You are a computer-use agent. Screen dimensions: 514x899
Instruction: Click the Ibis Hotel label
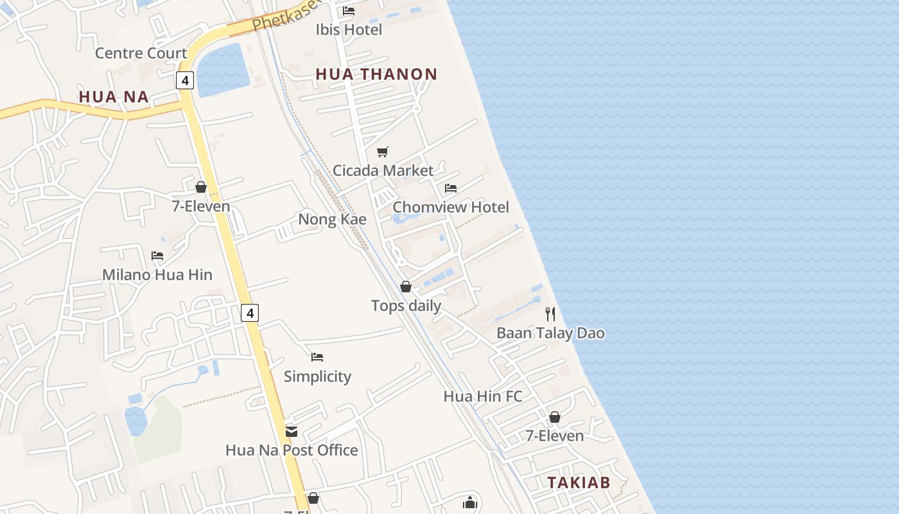349,30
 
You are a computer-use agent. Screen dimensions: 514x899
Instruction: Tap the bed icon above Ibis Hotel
349,11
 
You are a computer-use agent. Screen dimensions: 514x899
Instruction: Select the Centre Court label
141,53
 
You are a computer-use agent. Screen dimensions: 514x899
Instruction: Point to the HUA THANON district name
376,74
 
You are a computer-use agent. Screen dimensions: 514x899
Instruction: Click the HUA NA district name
114,97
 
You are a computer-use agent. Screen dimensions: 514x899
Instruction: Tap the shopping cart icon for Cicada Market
383,152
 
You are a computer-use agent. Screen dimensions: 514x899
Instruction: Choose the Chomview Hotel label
450,207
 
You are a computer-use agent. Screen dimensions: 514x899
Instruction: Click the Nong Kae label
332,219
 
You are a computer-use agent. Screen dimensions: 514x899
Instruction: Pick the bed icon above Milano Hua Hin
157,256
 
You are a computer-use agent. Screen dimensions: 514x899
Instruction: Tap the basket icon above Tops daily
406,287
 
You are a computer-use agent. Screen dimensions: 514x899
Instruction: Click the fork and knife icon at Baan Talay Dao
550,314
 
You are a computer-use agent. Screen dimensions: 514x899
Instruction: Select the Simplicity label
317,377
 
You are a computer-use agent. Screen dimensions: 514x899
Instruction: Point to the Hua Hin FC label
483,396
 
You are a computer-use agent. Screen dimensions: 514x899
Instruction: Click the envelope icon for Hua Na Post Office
292,431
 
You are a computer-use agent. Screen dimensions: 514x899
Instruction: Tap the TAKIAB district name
579,483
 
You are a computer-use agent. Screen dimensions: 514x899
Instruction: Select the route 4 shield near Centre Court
185,80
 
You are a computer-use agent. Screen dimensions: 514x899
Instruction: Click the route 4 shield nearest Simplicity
250,313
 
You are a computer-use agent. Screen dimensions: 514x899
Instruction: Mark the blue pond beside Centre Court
222,69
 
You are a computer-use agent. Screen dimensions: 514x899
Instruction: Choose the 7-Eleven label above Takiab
555,436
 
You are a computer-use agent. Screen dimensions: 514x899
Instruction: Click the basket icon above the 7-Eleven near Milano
201,187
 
